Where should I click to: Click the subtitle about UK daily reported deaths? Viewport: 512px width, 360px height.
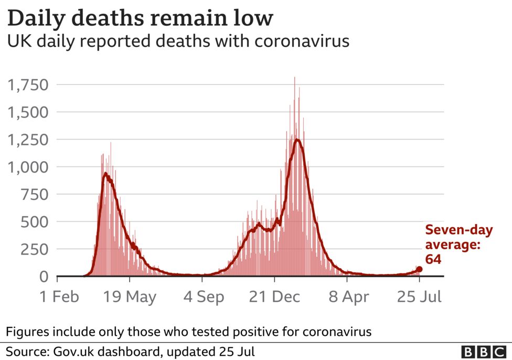178,41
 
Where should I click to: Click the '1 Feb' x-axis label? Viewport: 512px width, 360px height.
60,297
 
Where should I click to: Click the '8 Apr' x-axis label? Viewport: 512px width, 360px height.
347,297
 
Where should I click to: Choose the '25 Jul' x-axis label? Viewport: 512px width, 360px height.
419,297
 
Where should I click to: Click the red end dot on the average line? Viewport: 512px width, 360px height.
419,269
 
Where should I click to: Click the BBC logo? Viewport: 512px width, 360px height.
483,351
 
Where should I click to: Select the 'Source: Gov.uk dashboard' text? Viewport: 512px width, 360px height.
131,351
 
